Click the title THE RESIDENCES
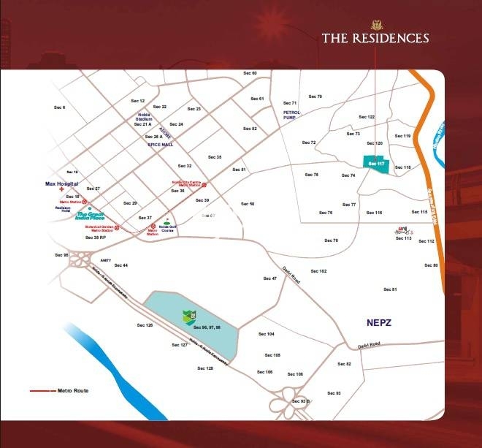[x=375, y=38]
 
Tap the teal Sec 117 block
[x=376, y=164]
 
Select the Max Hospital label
[x=61, y=183]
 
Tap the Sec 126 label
[x=145, y=324]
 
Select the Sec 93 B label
[x=301, y=401]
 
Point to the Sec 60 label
[x=250, y=73]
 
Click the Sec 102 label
[x=318, y=271]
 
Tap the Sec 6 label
[x=60, y=107]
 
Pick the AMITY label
[x=105, y=259]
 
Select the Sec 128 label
[x=205, y=368]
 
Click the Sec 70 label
[x=315, y=96]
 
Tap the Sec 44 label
[x=120, y=265]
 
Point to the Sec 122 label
[x=367, y=117]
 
